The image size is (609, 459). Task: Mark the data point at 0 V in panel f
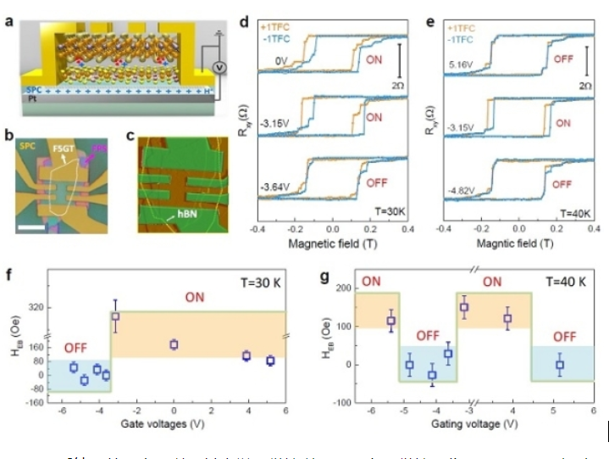[174, 344]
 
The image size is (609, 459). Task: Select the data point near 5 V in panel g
[559, 364]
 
